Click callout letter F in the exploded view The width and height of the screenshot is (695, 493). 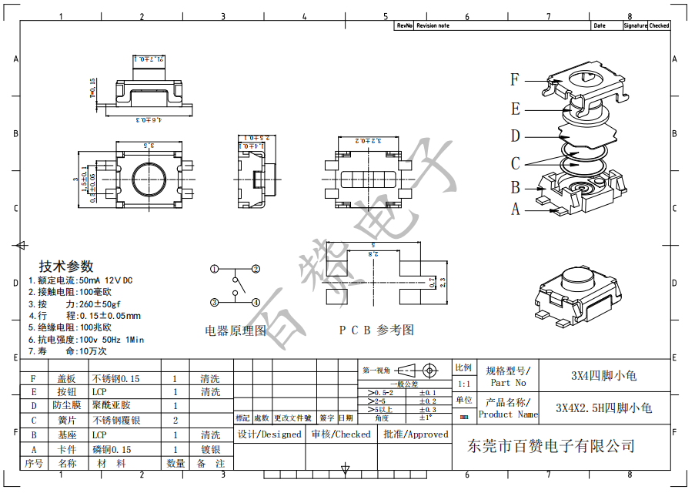pyautogui.click(x=515, y=79)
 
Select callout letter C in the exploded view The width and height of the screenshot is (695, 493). pyautogui.click(x=515, y=163)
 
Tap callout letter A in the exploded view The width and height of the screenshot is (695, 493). pyautogui.click(x=515, y=209)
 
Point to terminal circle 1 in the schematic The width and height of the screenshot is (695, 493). pyautogui.click(x=215, y=269)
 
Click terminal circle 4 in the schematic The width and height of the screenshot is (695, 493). pyautogui.click(x=255, y=302)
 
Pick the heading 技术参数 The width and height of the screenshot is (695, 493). pyautogui.click(x=66, y=266)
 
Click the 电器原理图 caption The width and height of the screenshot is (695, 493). pyautogui.click(x=236, y=330)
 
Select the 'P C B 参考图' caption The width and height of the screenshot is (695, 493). pyautogui.click(x=376, y=330)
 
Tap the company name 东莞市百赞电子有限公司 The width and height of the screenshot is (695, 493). pyautogui.click(x=551, y=446)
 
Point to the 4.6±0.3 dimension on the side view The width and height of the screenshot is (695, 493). pyautogui.click(x=146, y=120)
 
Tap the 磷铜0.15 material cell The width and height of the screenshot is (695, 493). pyautogui.click(x=112, y=449)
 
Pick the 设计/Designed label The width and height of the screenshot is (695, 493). pyautogui.click(x=269, y=434)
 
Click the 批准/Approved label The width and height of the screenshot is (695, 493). pyautogui.click(x=416, y=434)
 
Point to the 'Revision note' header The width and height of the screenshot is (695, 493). pyautogui.click(x=433, y=25)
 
